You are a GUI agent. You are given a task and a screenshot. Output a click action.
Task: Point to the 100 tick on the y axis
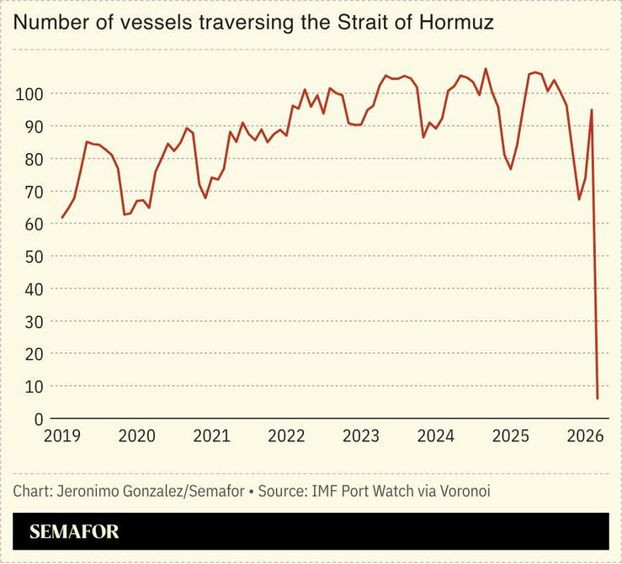click(x=28, y=93)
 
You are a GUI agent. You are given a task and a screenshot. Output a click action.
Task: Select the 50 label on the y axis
click(x=31, y=256)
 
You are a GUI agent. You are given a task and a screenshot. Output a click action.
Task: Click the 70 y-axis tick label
click(x=31, y=191)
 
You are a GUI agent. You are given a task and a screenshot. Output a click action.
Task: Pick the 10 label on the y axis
click(x=31, y=387)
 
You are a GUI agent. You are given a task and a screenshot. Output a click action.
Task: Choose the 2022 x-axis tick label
click(x=286, y=436)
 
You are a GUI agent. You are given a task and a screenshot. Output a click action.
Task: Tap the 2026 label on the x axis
click(x=586, y=436)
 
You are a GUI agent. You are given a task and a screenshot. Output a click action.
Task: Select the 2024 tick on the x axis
click(x=436, y=436)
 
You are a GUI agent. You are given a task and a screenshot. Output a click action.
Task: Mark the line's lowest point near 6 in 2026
click(x=598, y=398)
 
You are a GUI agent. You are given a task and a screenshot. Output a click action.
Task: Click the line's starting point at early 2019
click(x=61, y=218)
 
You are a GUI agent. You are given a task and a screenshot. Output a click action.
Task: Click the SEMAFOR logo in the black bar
click(x=74, y=531)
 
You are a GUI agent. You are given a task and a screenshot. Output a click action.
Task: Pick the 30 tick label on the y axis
click(x=31, y=321)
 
